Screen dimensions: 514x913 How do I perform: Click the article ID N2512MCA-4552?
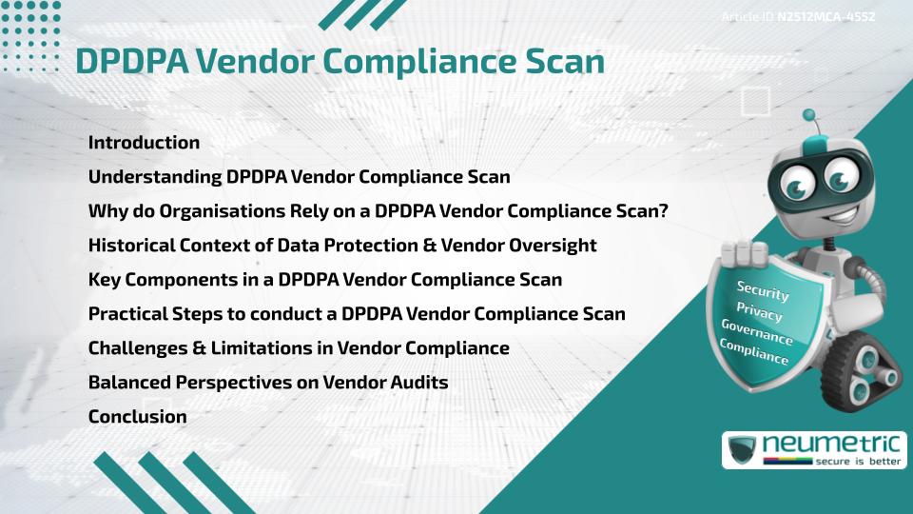pyautogui.click(x=826, y=17)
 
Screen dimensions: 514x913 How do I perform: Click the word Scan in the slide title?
pyautogui.click(x=562, y=61)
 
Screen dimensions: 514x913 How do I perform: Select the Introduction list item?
pyautogui.click(x=144, y=143)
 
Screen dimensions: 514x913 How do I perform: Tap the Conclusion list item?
pyautogui.click(x=137, y=417)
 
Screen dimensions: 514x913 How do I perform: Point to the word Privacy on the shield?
pyautogui.click(x=759, y=312)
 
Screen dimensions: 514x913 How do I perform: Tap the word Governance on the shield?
pyautogui.click(x=756, y=332)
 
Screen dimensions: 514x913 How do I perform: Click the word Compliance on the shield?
pyautogui.click(x=754, y=353)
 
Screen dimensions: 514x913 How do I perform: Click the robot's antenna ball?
pyautogui.click(x=809, y=116)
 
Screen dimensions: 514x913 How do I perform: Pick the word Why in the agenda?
pyautogui.click(x=106, y=211)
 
